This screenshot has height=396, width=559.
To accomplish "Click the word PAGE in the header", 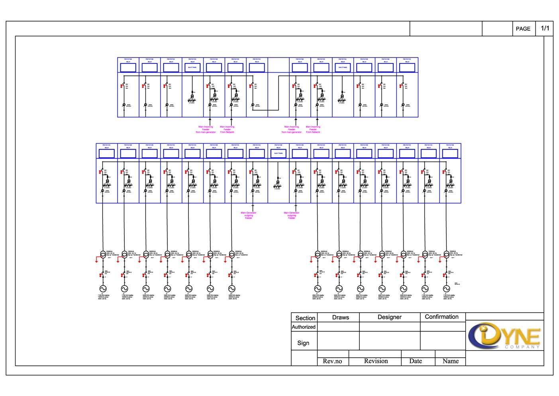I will [523, 29].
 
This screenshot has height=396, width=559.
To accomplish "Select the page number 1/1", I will [545, 28].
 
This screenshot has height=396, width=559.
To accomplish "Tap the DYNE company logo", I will [504, 335].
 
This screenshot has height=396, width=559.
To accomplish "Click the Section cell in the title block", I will [305, 318].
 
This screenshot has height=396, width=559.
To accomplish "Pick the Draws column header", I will [340, 317].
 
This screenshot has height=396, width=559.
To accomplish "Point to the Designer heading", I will [389, 317].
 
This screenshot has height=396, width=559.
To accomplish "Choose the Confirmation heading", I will [441, 317].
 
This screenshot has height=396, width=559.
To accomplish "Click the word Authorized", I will [304, 327].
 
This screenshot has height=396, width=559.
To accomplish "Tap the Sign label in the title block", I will [303, 343].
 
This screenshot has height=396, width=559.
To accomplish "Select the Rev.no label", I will [332, 361].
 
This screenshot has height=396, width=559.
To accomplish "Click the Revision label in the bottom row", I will [376, 361].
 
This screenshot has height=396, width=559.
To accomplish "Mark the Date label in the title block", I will [415, 361].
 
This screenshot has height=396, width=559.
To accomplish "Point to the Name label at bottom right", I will [450, 361].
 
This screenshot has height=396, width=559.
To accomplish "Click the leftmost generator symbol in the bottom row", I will [103, 289].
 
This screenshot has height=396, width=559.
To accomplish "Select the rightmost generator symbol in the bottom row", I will [446, 289].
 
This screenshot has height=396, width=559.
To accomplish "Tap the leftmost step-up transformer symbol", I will [103, 254].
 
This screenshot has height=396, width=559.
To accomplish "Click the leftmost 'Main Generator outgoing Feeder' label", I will [249, 216].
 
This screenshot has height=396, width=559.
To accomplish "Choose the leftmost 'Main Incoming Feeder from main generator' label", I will [206, 129].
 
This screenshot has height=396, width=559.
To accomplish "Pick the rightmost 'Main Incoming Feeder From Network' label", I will [313, 129].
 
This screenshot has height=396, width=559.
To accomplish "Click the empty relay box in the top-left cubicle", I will [128, 67].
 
